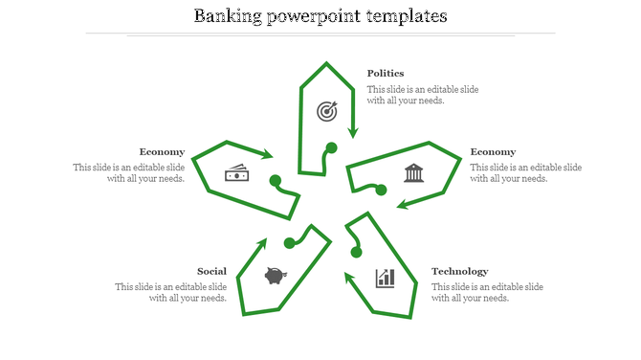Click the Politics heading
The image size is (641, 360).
[386, 73]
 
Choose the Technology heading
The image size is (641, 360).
[459, 271]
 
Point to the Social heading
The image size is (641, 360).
[211, 271]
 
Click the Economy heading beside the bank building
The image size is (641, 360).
[493, 151]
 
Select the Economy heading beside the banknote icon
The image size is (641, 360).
[162, 151]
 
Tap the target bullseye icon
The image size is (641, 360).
[327, 111]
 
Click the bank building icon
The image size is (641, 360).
[413, 172]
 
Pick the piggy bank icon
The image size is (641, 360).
[276, 276]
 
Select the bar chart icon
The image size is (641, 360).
[386, 278]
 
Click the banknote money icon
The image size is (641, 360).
[236, 173]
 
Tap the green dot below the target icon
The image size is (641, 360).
[332, 147]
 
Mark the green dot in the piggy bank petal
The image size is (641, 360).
[289, 243]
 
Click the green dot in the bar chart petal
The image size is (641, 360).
[357, 252]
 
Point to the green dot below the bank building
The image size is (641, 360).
[381, 191]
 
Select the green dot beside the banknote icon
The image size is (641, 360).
[275, 180]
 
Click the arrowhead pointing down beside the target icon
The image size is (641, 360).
[353, 131]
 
